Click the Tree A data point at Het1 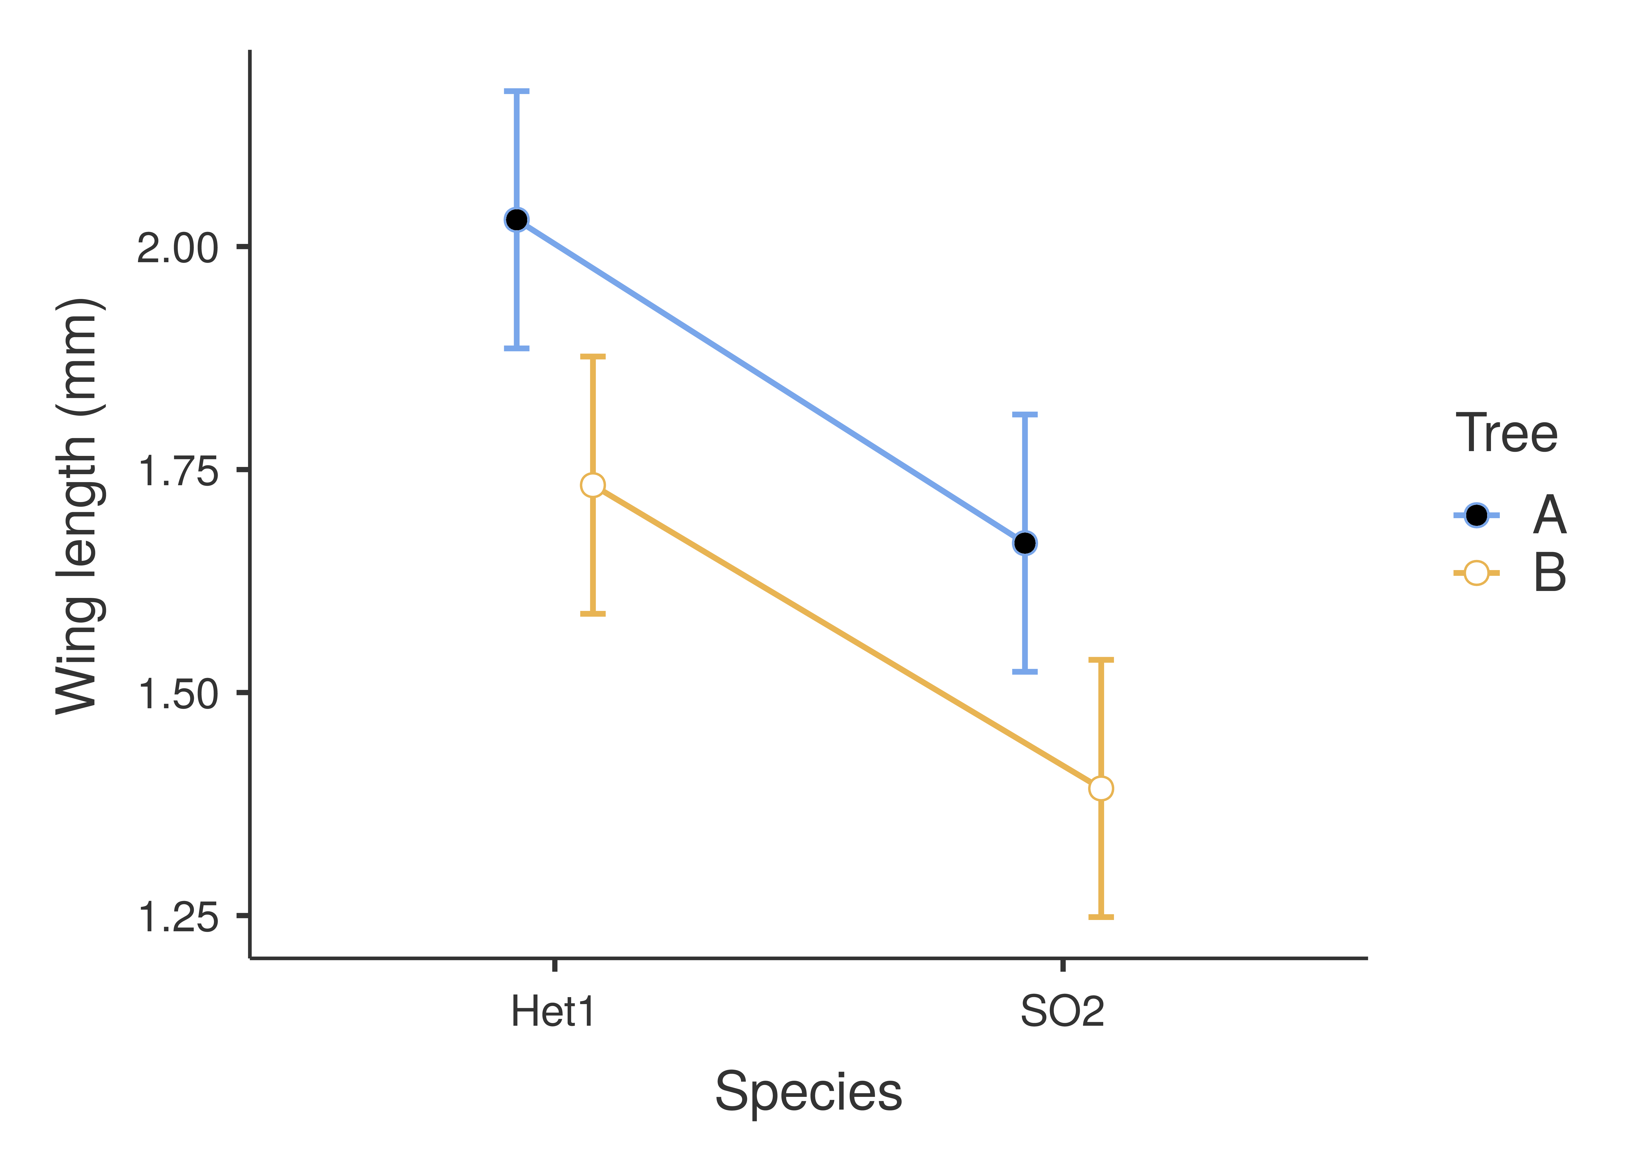pyautogui.click(x=516, y=219)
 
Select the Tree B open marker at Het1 pyautogui.click(x=593, y=485)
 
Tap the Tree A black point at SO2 pyautogui.click(x=1025, y=543)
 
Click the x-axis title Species pyautogui.click(x=808, y=1092)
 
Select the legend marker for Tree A pyautogui.click(x=1476, y=515)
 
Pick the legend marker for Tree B pyautogui.click(x=1476, y=573)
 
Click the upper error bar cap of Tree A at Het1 pyautogui.click(x=516, y=91)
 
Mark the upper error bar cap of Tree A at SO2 pyautogui.click(x=1025, y=415)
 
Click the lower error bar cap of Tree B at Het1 pyautogui.click(x=593, y=614)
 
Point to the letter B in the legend pyautogui.click(x=1549, y=573)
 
